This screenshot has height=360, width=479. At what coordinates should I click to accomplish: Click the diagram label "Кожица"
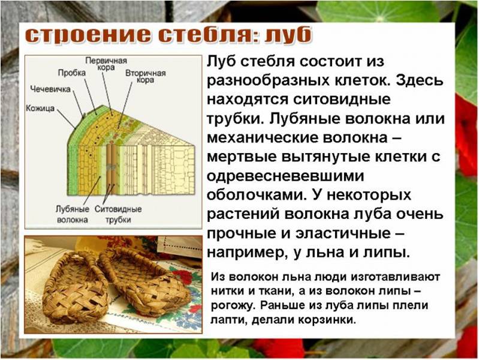pyautogui.click(x=40, y=109)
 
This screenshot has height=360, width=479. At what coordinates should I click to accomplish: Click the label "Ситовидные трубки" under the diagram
pyautogui.click(x=118, y=214)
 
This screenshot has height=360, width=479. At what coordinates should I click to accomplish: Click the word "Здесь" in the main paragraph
pyautogui.click(x=411, y=80)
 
